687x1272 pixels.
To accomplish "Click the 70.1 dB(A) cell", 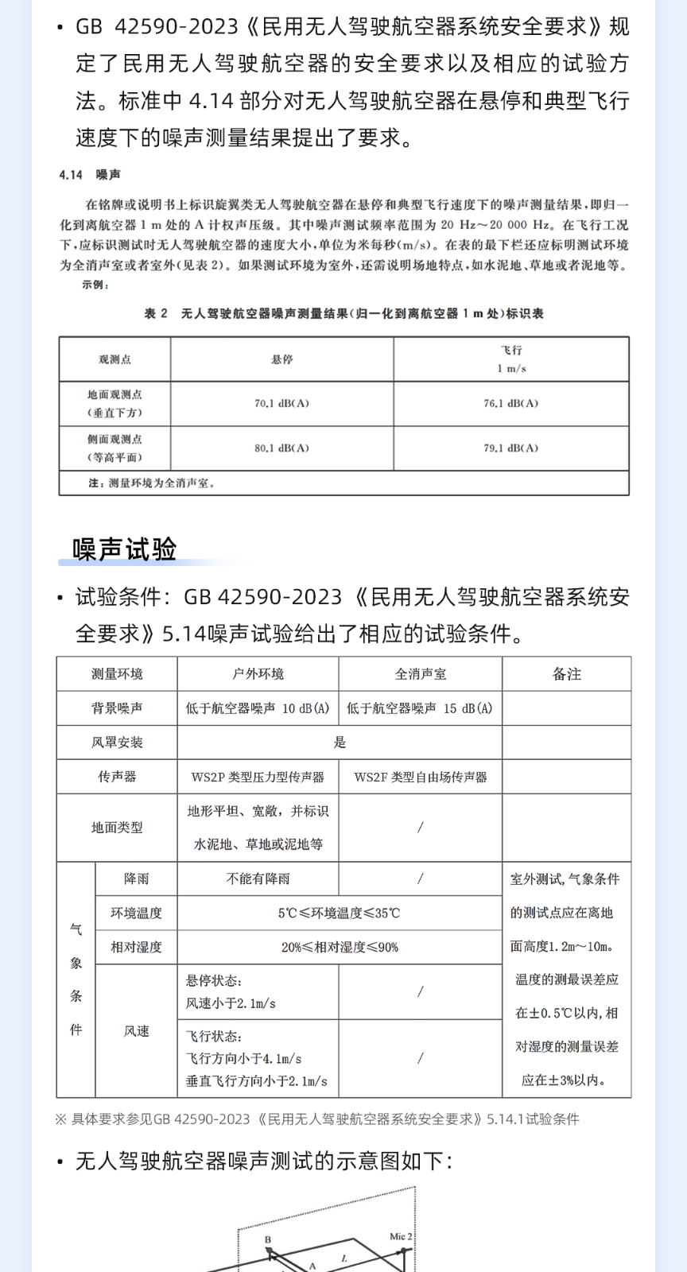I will tap(281, 403).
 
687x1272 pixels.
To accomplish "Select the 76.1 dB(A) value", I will tap(510, 403).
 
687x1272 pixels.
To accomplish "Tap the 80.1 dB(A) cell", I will tap(281, 448).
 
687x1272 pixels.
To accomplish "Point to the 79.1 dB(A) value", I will tap(510, 448).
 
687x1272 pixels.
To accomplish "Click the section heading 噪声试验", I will tap(125, 549).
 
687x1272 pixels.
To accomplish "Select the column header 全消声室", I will tap(420, 674).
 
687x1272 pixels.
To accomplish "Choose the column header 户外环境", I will tap(258, 674).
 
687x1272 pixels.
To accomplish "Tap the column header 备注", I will tap(566, 674).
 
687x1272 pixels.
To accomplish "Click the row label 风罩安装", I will tap(117, 743).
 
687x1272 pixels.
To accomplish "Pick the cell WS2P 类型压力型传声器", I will tap(258, 777).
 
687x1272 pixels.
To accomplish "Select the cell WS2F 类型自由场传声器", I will tap(420, 777).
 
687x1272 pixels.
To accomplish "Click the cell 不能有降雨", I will tap(258, 878).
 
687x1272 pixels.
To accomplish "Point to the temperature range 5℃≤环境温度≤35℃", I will tap(339, 913).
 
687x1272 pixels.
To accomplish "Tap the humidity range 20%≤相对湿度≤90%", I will tap(339, 947).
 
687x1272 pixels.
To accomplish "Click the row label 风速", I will tap(136, 1031).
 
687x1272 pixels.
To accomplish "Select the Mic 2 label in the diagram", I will tap(401, 1236).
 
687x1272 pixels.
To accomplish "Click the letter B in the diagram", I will tap(268, 1239).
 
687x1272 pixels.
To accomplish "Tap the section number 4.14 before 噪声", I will tap(71, 175).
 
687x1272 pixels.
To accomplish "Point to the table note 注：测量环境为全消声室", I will tap(151, 483).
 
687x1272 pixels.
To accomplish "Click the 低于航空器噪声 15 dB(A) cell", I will tap(420, 708).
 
